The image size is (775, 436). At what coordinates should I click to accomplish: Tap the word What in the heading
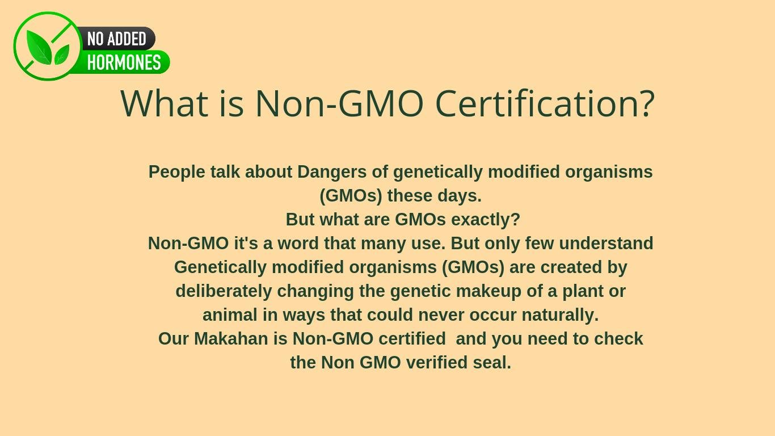coord(165,103)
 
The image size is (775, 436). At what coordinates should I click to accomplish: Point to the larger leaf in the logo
coord(39,48)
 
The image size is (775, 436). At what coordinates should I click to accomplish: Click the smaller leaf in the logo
coord(62,54)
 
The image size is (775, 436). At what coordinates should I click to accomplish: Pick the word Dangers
coord(332,172)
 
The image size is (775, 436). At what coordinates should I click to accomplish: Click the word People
coord(177,172)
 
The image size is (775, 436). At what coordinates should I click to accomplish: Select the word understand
coord(606,243)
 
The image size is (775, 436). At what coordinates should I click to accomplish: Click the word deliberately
coord(224,291)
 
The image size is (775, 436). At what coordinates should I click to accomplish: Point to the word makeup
coord(488,291)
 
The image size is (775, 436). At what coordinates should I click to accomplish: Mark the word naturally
coord(560,315)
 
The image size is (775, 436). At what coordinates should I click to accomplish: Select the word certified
coord(412,339)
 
